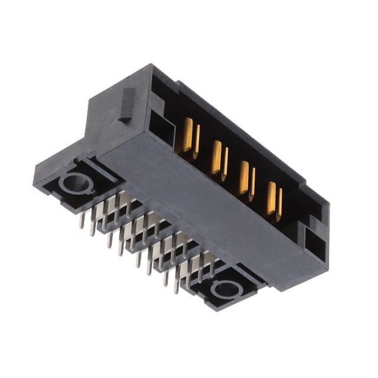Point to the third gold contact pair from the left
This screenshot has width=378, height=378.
click(x=246, y=179)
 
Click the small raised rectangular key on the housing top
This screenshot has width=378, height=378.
click(x=125, y=106)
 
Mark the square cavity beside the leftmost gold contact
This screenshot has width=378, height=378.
click(x=158, y=125)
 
